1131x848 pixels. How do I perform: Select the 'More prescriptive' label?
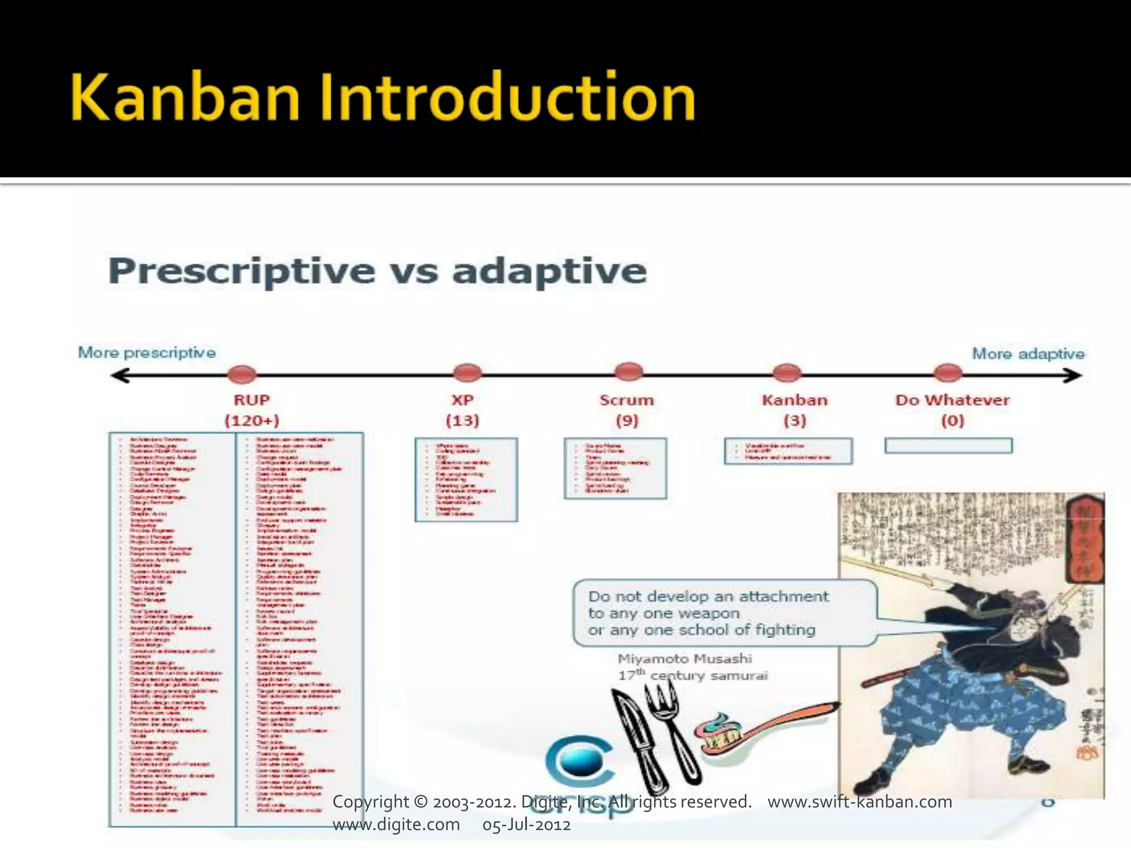tap(147, 353)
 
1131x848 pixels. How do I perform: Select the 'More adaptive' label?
tap(1028, 354)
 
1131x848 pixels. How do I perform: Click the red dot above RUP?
tap(242, 374)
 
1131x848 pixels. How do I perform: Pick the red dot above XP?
tap(467, 373)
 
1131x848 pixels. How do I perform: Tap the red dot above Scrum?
tap(628, 372)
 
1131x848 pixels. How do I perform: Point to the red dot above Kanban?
tap(787, 373)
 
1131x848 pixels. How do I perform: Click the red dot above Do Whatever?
tap(948, 373)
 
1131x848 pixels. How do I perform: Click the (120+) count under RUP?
tap(252, 421)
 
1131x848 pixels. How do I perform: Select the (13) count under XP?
tap(462, 421)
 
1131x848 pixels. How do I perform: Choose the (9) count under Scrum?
tap(627, 421)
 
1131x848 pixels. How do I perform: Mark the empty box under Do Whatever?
tap(948, 446)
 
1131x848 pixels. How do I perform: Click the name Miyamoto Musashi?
tap(685, 659)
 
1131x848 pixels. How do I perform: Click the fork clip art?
tap(671, 729)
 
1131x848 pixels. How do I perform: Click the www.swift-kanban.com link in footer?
tap(860, 802)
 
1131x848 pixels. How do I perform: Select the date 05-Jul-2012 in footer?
tap(526, 825)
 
